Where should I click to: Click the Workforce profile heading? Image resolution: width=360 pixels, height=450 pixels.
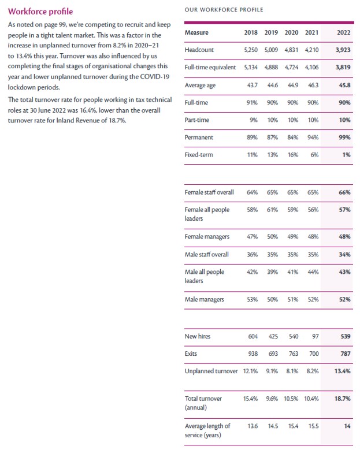pos(40,11)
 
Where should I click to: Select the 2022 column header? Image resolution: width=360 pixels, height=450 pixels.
pos(343,33)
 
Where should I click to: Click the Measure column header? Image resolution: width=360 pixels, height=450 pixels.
pos(196,33)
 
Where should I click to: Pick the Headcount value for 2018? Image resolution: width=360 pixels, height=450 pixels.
pos(250,50)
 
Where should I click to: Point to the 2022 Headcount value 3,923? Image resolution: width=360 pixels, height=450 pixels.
pos(343,50)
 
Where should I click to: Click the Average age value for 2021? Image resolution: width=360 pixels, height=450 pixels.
pos(313,85)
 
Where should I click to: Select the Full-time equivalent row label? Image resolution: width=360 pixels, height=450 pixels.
pos(210,68)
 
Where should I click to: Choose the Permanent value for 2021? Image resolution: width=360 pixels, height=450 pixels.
pos(313,137)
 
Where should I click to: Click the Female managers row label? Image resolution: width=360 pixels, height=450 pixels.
pos(207,237)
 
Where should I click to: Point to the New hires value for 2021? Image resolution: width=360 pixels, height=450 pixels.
pos(315,336)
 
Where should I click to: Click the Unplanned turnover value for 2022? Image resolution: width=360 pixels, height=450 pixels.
pos(342,371)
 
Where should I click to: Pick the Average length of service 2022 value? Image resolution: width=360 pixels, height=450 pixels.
pos(347,426)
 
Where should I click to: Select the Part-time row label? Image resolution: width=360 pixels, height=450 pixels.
pos(197,120)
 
